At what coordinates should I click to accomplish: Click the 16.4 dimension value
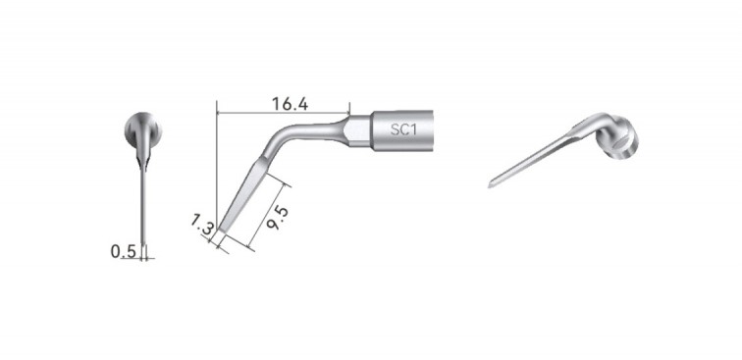click(x=283, y=103)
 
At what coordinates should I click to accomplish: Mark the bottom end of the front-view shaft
click(x=144, y=243)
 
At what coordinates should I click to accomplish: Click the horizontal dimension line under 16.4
click(x=283, y=114)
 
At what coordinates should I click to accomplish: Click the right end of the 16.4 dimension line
click(x=349, y=114)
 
